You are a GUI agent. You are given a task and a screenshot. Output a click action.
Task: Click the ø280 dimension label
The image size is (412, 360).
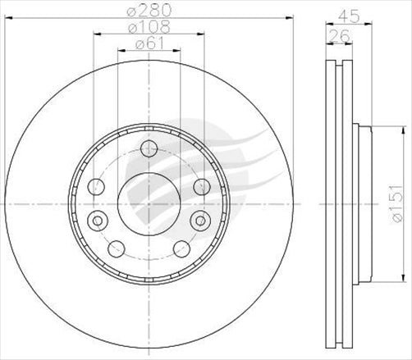click(x=149, y=13)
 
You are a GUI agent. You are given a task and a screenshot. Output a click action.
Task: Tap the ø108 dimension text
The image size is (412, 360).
click(x=149, y=29)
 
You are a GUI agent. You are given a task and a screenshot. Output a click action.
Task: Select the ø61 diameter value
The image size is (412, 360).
click(x=149, y=46)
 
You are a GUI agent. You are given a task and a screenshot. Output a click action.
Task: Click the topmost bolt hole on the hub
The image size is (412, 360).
click(x=149, y=148)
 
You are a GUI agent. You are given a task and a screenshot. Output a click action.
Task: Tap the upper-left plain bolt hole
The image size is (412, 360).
click(x=96, y=186)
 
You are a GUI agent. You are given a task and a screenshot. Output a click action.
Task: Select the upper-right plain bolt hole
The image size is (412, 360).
click(x=201, y=186)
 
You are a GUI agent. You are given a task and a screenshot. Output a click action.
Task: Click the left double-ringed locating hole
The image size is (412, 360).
click(x=98, y=220)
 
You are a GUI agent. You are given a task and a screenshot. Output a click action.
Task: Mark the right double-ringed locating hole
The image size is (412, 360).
click(x=199, y=220)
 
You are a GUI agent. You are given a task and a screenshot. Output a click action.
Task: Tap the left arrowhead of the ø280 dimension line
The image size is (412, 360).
click(x=7, y=19)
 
